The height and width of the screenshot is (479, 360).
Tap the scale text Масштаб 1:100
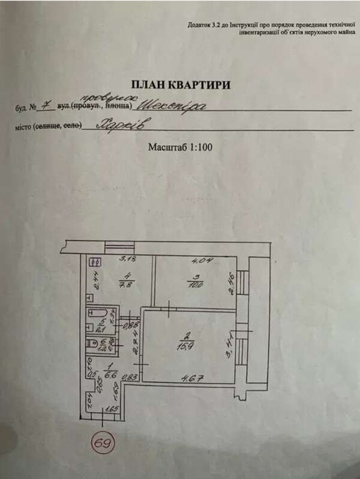coord(180,147)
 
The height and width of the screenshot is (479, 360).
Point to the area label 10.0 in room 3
coord(193,284)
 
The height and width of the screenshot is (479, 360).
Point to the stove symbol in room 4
coord(95,261)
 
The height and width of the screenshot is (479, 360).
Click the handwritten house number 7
coord(43,106)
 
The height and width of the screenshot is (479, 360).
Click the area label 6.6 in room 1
coord(109,375)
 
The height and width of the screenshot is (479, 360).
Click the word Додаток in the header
coord(200,25)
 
